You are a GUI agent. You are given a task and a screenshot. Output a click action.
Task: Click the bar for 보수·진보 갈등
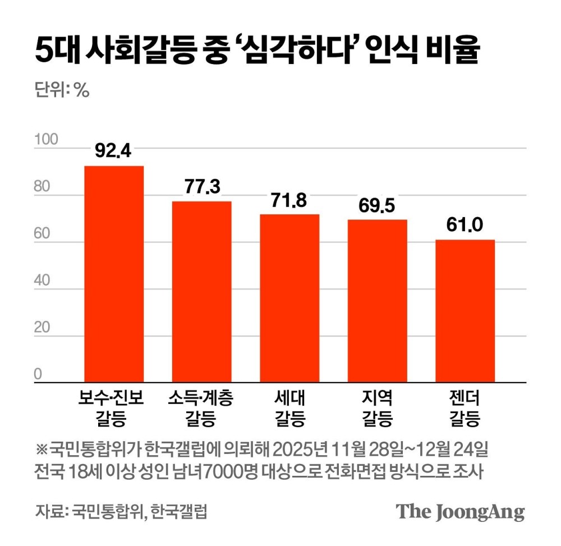tap(114, 274)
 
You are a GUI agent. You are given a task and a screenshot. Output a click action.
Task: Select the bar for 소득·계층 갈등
tap(201, 292)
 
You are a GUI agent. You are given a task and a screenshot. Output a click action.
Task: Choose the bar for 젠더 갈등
tap(465, 311)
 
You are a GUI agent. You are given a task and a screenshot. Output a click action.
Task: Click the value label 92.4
tap(114, 152)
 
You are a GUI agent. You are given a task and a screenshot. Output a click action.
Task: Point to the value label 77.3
tap(201, 187)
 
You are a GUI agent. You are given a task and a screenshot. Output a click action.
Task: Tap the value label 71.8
tap(289, 200)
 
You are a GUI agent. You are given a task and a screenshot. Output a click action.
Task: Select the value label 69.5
tap(377, 205)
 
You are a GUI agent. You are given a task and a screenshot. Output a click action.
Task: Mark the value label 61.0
tap(465, 226)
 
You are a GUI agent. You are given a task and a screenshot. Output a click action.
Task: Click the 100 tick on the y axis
tap(47, 140)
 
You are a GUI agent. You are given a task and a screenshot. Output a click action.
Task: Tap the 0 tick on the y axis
tap(39, 374)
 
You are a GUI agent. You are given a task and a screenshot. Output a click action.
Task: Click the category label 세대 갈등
tap(289, 408)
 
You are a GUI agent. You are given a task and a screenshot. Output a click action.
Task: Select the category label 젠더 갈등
tap(465, 408)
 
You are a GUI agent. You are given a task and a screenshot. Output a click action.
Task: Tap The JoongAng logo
tap(461, 512)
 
